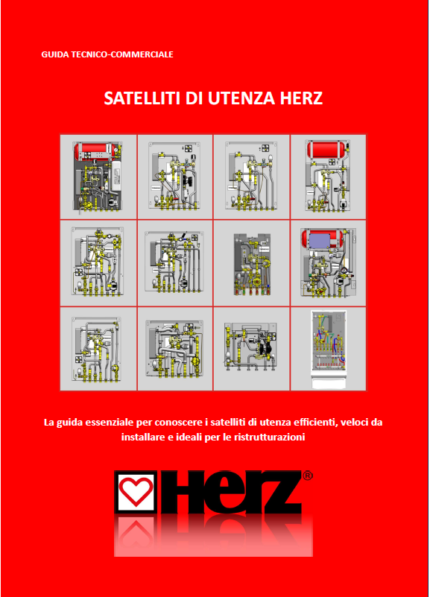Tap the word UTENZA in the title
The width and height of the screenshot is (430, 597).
click(x=241, y=98)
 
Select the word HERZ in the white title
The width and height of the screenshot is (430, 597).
click(x=301, y=98)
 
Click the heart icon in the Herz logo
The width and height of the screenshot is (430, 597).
click(x=136, y=491)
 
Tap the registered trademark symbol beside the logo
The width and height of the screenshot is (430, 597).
click(x=308, y=476)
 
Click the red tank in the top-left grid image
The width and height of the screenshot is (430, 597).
click(x=92, y=151)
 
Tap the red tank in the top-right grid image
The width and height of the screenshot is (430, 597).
click(x=327, y=149)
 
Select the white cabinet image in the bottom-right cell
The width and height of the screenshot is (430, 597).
click(x=329, y=349)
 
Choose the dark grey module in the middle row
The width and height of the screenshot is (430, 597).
click(x=252, y=264)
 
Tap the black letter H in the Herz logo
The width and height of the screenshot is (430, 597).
click(x=184, y=491)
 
